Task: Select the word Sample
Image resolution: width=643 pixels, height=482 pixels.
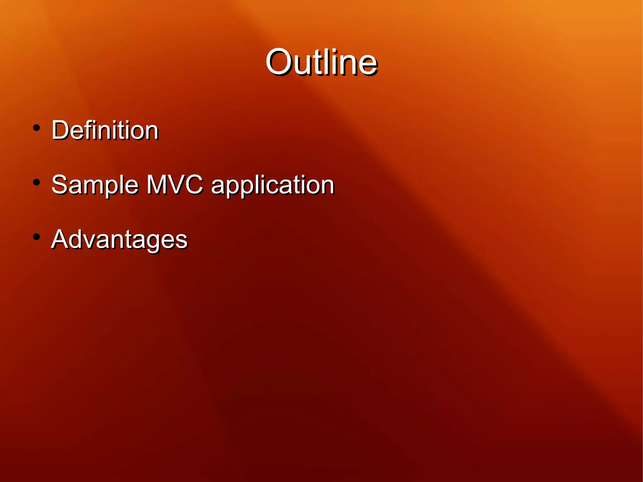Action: click(95, 185)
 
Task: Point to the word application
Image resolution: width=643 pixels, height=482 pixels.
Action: click(273, 186)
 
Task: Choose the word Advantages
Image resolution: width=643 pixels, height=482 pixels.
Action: click(119, 240)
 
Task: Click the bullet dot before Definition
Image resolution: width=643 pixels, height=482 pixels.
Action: click(36, 128)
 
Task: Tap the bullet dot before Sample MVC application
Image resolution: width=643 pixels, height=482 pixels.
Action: click(36, 182)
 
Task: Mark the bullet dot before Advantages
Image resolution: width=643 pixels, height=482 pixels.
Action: click(36, 237)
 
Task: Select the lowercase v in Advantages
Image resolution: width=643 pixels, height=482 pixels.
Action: click(92, 241)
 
